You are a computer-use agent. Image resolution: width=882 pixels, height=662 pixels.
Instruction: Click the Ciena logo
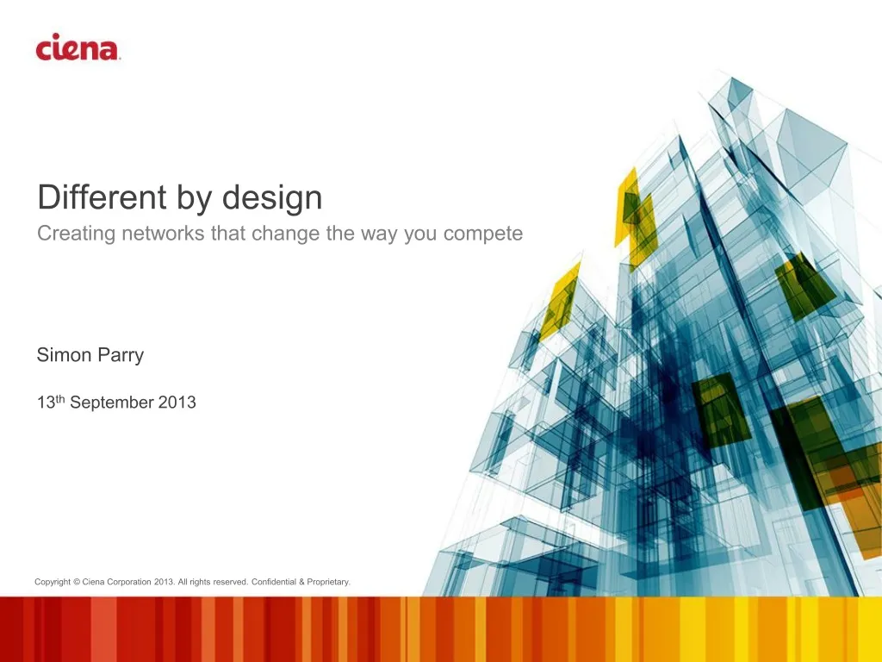point(78,47)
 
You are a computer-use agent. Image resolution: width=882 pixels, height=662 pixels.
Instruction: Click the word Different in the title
point(102,198)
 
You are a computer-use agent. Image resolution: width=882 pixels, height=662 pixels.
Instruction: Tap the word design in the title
point(272,198)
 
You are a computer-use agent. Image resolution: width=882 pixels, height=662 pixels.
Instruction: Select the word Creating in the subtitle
point(76,234)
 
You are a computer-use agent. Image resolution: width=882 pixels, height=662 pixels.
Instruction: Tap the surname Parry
point(121,356)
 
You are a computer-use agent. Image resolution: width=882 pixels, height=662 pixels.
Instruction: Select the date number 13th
point(51,402)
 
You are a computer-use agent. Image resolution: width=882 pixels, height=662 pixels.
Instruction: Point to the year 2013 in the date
point(177,403)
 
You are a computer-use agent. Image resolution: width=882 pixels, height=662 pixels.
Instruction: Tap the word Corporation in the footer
point(129,582)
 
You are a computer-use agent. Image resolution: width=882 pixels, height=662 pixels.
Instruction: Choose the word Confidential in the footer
point(273,582)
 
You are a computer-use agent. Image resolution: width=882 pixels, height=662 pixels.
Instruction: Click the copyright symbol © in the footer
point(77,582)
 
